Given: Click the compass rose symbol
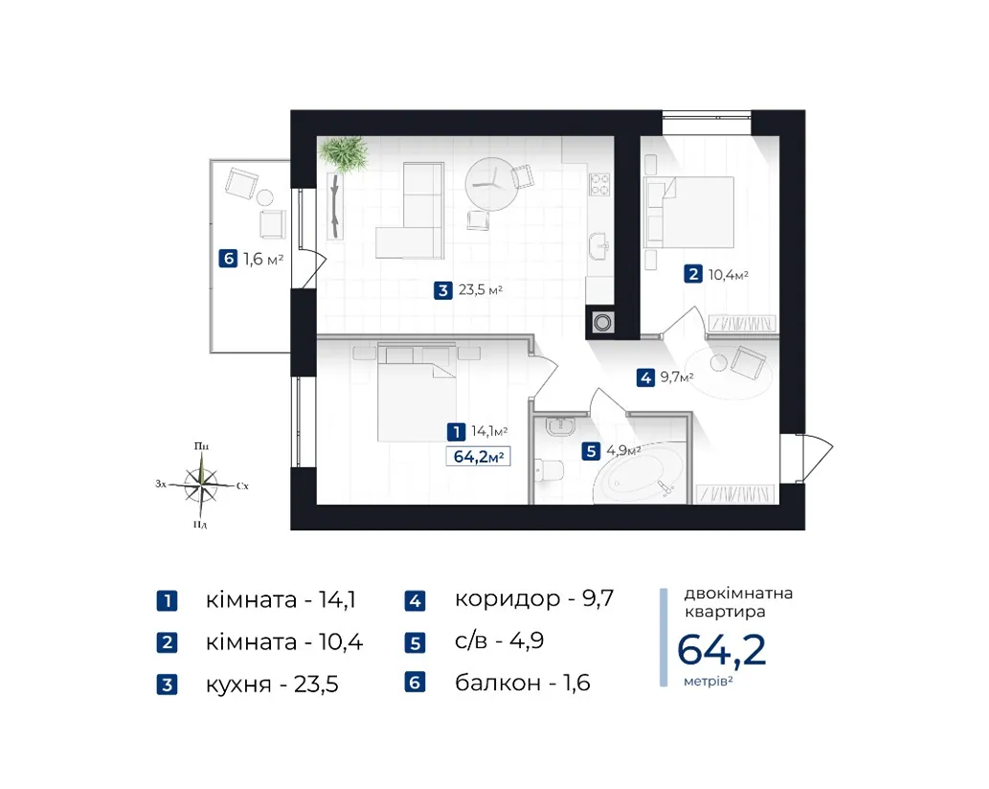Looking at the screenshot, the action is [x=201, y=485].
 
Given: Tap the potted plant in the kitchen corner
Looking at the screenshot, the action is [x=344, y=154].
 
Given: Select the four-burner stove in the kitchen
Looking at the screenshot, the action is [x=599, y=184].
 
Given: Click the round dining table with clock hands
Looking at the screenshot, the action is [x=491, y=184].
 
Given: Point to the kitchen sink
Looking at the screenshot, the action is [x=598, y=245].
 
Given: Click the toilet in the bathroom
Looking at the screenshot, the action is [x=548, y=470].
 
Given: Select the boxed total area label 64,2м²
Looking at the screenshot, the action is [x=478, y=456].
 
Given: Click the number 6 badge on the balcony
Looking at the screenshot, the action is [x=228, y=259].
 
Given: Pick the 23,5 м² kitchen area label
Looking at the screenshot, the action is [x=480, y=290].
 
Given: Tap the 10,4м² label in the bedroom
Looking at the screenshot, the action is [x=728, y=275].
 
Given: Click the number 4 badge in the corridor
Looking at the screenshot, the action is [x=645, y=378].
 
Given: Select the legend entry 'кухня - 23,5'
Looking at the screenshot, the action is [x=272, y=684].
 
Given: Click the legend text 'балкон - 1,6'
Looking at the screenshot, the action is [x=522, y=683].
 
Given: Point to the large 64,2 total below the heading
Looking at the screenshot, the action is [x=722, y=649].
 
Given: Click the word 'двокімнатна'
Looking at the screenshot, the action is [x=738, y=594].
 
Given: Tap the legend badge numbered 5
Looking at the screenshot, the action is [x=415, y=642].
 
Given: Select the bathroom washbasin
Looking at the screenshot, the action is [x=559, y=427].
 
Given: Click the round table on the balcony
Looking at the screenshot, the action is [x=265, y=198].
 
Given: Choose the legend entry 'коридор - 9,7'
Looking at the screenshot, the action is [x=534, y=598].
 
